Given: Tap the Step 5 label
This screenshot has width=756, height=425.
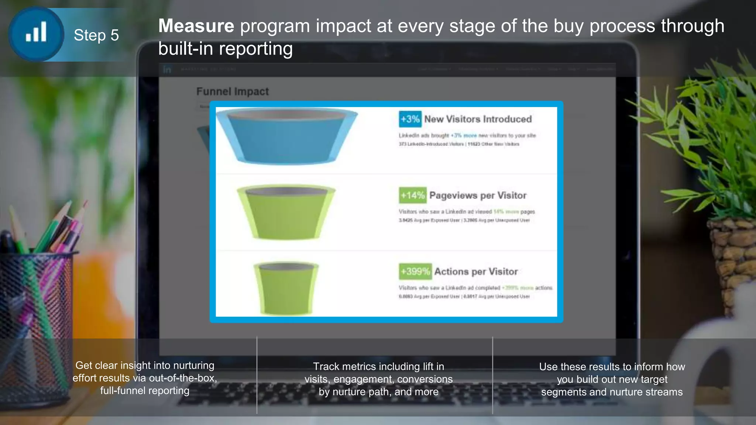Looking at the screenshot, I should pos(96,35).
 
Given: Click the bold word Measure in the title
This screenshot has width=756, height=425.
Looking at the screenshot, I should pos(196,26).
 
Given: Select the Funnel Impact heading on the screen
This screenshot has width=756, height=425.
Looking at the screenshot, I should pos(232,91).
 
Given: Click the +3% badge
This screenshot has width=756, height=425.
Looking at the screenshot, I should pos(410,119).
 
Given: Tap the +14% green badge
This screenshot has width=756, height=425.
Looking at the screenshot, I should pos(412,195).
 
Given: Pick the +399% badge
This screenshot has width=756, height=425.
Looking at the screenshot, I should pos(415,272).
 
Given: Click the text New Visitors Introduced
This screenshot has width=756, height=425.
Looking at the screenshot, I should pos(478,119).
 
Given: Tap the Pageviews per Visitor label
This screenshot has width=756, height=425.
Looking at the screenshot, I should pos(478,195).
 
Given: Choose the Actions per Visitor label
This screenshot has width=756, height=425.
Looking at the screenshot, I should pos(476,272).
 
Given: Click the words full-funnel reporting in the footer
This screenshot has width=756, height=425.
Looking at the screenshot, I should pos(145,391).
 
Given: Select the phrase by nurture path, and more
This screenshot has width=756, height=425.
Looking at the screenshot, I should pos(378,392).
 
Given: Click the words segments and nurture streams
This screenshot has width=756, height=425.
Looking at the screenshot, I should pos(612,392).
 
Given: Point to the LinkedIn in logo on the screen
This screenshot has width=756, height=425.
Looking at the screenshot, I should pos(167,69).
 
